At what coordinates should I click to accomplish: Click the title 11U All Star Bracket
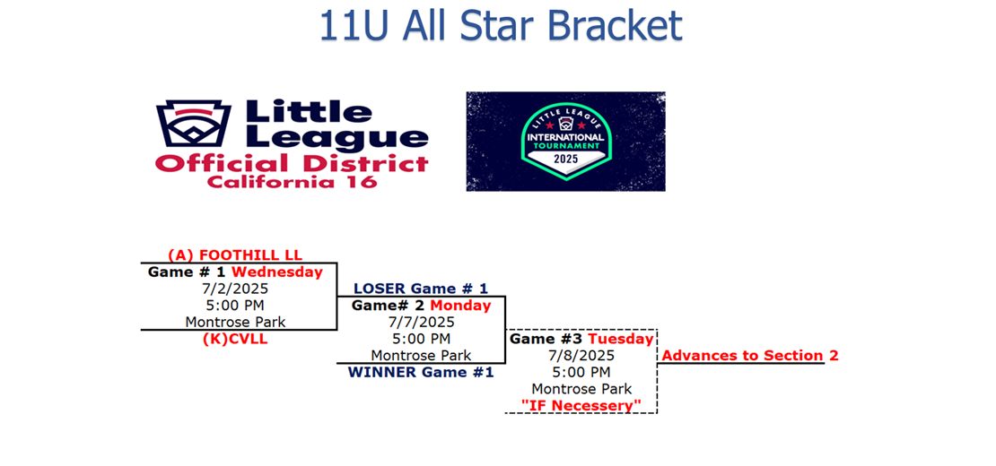pyautogui.click(x=500, y=26)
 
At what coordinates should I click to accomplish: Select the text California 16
pyautogui.click(x=293, y=182)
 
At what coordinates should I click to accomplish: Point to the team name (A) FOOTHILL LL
pyautogui.click(x=235, y=255)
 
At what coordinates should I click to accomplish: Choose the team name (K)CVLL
pyautogui.click(x=235, y=339)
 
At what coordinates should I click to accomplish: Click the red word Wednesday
pyautogui.click(x=277, y=272)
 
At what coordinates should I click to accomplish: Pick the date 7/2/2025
pyautogui.click(x=235, y=289)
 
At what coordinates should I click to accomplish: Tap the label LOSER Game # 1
pyautogui.click(x=421, y=289)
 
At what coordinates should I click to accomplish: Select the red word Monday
pyautogui.click(x=460, y=306)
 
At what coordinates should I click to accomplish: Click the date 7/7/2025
pyautogui.click(x=421, y=322)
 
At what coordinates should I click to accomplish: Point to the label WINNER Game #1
pyautogui.click(x=421, y=372)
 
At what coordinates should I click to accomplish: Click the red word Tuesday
pyautogui.click(x=621, y=339)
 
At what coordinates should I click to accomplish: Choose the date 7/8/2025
pyautogui.click(x=581, y=355)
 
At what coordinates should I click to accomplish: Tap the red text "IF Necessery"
pyautogui.click(x=581, y=405)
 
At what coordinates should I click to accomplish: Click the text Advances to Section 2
pyautogui.click(x=750, y=355)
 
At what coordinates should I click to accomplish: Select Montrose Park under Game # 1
pyautogui.click(x=235, y=322)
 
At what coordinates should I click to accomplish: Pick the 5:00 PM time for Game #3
pyautogui.click(x=581, y=372)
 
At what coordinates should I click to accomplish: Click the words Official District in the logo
pyautogui.click(x=293, y=164)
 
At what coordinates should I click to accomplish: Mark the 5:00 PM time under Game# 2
pyautogui.click(x=421, y=339)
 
